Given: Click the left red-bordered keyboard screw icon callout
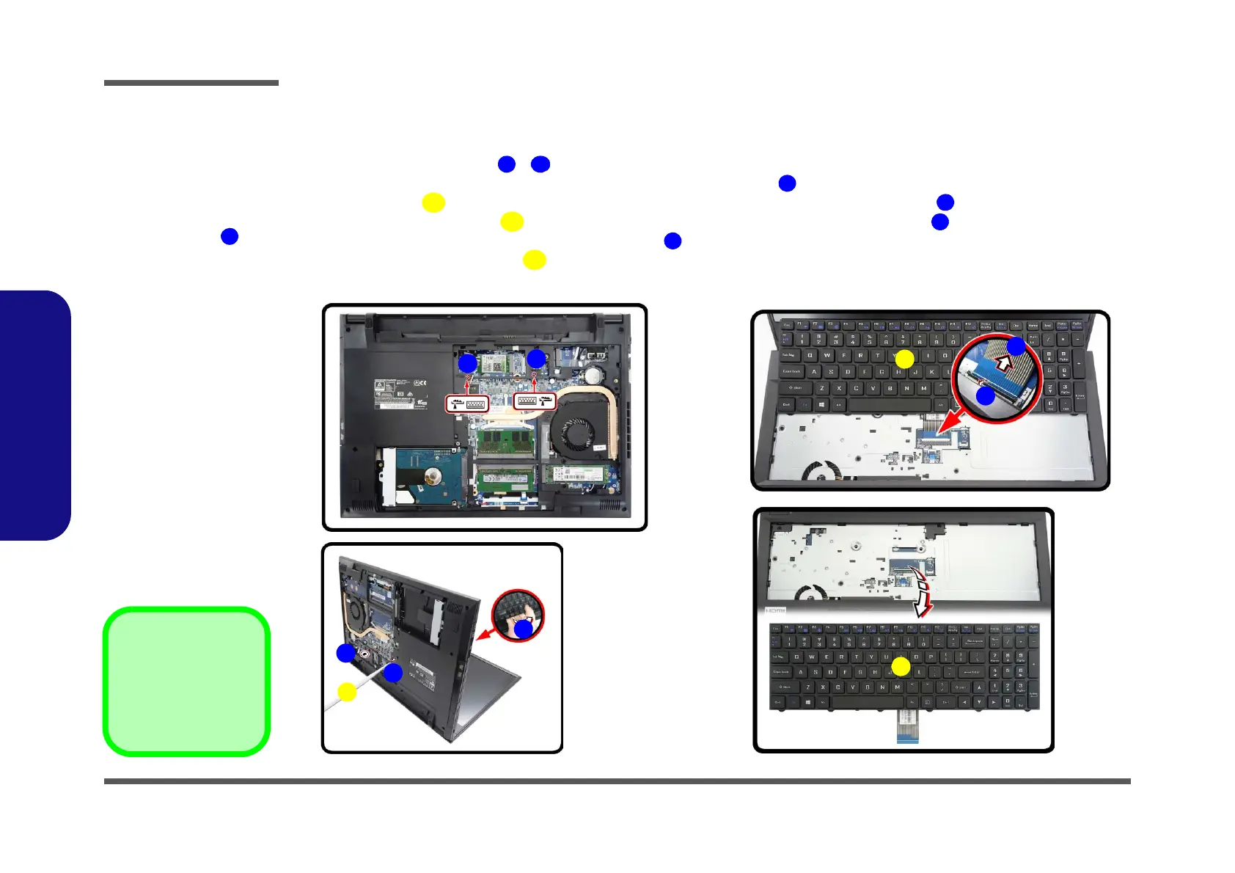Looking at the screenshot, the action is click(468, 403).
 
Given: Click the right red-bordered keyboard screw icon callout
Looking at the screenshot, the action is click(535, 401).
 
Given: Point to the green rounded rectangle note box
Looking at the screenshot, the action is click(186, 682).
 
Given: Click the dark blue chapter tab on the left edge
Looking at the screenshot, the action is click(35, 415).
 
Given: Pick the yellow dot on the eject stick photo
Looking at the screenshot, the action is click(347, 692).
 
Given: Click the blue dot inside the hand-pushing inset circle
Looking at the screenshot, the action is click(523, 629).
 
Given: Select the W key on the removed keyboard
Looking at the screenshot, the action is click(811, 657).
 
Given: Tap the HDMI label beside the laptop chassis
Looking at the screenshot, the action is click(775, 610).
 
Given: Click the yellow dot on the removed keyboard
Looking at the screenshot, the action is click(901, 667).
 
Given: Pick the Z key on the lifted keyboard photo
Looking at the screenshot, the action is click(822, 388).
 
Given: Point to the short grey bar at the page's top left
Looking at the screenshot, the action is click(191, 83).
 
